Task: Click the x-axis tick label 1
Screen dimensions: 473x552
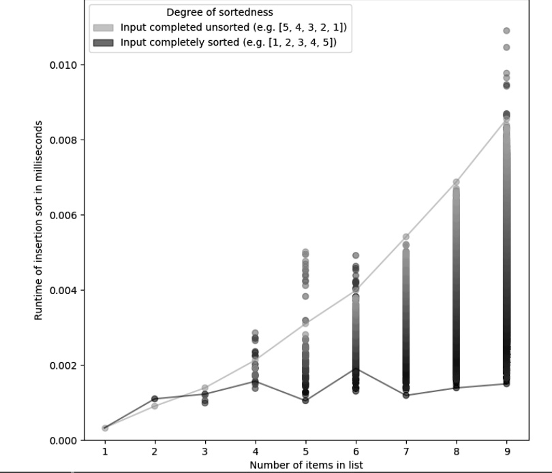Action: click(105, 453)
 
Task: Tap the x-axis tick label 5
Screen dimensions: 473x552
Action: click(305, 453)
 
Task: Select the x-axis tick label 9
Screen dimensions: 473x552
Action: click(506, 453)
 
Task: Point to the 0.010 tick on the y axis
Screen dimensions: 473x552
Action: click(63, 65)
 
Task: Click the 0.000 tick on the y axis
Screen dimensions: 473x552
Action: click(63, 440)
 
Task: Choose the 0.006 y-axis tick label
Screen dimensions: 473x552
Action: click(63, 215)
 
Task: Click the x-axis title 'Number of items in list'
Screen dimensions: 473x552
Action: click(305, 466)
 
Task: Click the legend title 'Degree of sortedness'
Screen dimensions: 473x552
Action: click(220, 12)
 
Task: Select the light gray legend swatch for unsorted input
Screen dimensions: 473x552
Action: click(104, 27)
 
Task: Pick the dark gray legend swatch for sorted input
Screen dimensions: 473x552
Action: click(104, 42)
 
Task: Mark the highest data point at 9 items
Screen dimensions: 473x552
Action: click(506, 31)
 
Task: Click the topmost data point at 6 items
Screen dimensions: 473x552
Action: click(356, 255)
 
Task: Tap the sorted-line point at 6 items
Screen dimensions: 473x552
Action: click(356, 369)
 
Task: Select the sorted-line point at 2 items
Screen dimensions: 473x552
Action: click(155, 399)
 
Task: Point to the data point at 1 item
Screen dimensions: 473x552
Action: click(105, 428)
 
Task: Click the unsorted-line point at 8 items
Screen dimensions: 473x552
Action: click(456, 182)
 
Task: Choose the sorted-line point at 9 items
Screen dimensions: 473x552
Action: click(506, 384)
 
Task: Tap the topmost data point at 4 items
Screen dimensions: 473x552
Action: click(256, 332)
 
